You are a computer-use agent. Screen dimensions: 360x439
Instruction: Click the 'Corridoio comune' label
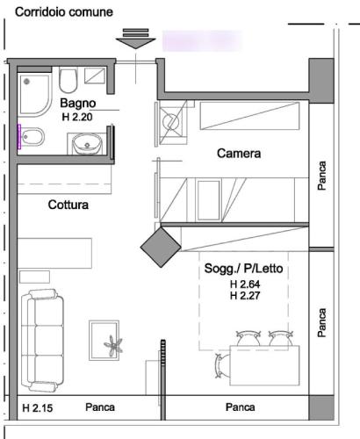click(64, 12)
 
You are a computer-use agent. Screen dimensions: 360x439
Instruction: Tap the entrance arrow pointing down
click(135, 39)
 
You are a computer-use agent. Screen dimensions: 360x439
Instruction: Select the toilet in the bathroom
click(68, 80)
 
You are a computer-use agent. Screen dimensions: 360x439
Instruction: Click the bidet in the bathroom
click(33, 137)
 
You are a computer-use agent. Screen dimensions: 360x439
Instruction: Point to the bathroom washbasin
click(87, 143)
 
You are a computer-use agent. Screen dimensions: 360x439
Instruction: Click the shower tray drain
click(26, 81)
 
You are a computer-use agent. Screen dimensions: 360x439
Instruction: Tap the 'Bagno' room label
click(78, 103)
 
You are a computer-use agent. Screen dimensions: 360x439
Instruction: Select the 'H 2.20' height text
click(77, 117)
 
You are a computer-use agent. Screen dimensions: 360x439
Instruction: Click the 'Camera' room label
click(239, 154)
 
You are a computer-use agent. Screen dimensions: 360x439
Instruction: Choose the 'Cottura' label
click(68, 205)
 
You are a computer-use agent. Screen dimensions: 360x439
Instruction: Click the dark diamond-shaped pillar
click(161, 248)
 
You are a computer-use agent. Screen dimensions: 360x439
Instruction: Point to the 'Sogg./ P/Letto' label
click(243, 269)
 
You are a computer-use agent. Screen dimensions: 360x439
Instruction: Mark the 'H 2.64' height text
click(245, 284)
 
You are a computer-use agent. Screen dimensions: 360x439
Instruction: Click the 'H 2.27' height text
click(245, 296)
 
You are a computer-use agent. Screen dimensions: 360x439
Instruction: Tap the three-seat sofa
click(42, 341)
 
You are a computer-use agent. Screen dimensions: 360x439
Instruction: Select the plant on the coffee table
click(113, 346)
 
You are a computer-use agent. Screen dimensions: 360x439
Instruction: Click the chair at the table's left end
click(222, 366)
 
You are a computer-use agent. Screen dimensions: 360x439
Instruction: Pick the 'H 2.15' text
click(38, 408)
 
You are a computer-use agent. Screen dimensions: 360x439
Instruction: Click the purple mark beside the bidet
click(19, 137)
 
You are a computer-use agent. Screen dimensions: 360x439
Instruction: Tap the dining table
click(264, 365)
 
